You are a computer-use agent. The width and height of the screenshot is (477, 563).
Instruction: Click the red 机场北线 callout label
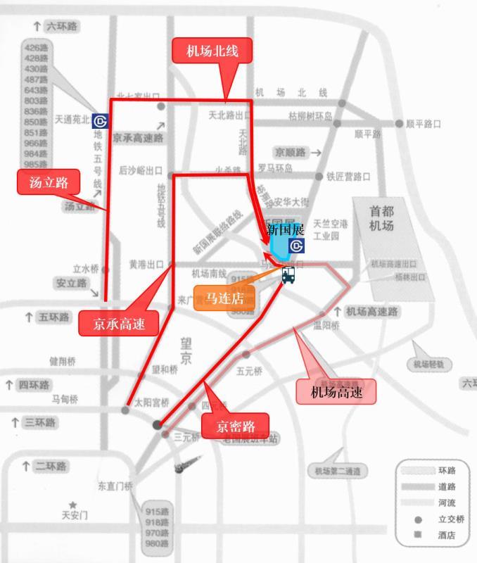pyautogui.click(x=212, y=51)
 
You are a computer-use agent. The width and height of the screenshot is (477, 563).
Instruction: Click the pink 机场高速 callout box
pyautogui.click(x=336, y=391)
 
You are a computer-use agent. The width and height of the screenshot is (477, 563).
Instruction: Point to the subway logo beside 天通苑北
pyautogui.click(x=100, y=120)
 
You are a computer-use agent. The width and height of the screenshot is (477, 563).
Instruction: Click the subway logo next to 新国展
pyautogui.click(x=297, y=246)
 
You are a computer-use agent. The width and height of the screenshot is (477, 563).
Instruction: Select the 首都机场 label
pyautogui.click(x=383, y=217)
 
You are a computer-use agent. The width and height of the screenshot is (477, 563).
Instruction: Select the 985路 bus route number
pyautogui.click(x=36, y=163)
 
